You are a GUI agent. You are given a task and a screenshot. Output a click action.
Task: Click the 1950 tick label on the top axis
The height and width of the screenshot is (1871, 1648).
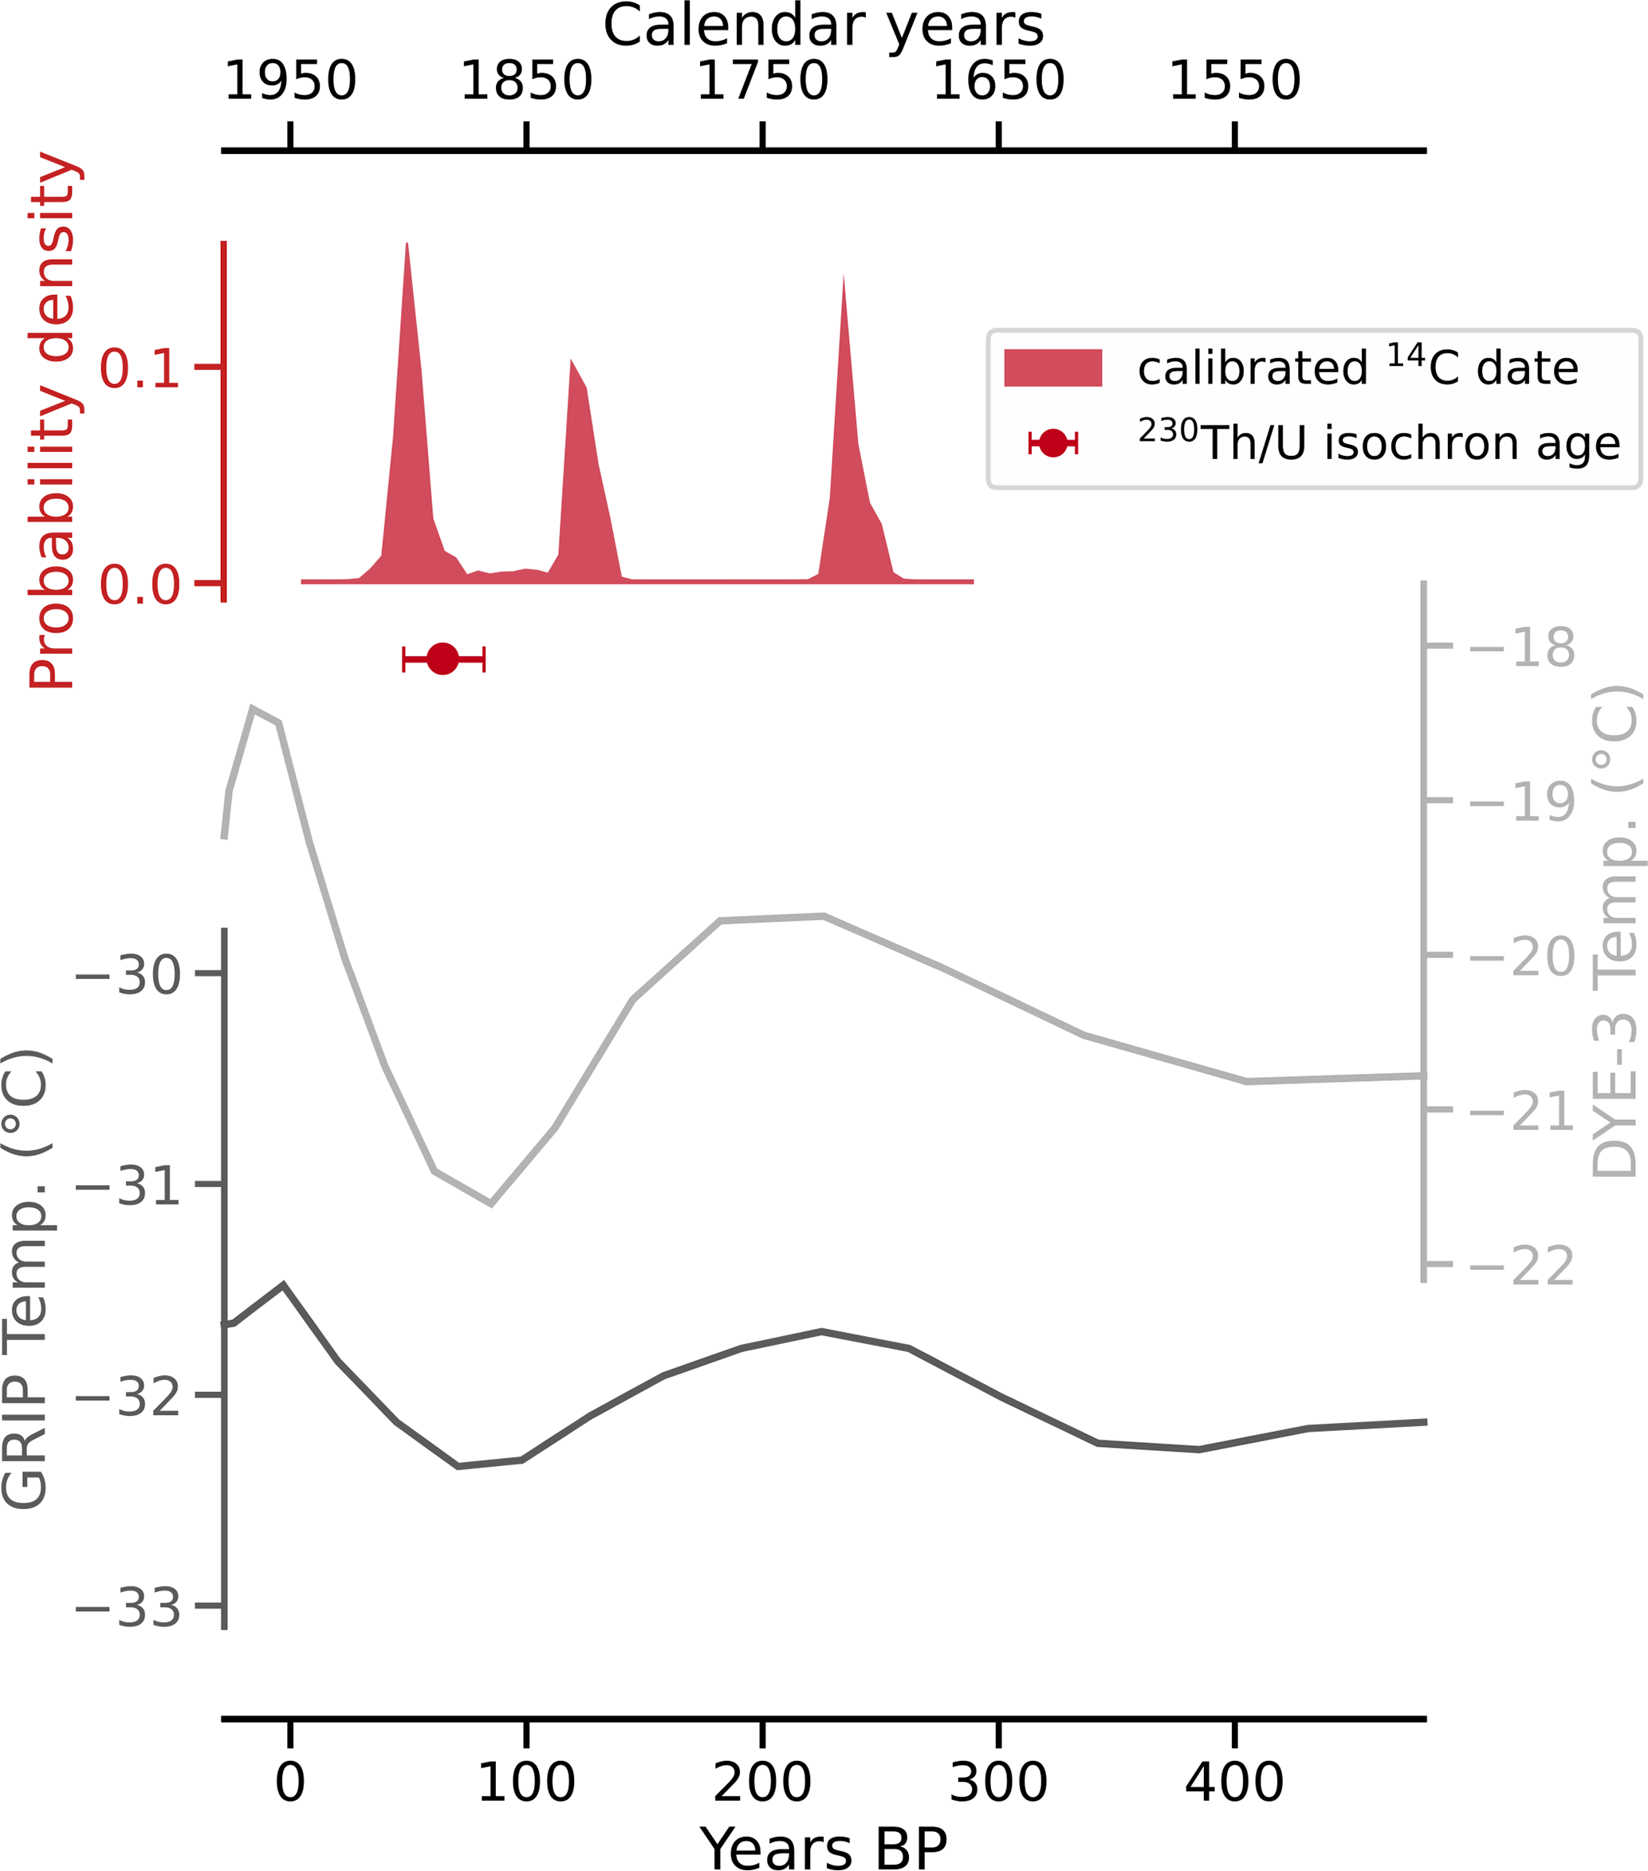pos(289,82)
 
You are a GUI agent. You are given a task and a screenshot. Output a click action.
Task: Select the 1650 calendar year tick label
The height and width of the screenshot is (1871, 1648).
pos(998,82)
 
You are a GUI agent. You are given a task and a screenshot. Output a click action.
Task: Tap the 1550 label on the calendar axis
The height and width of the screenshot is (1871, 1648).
pos(1234,82)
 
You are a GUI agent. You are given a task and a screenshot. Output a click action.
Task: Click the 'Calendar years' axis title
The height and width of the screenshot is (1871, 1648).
pos(823,26)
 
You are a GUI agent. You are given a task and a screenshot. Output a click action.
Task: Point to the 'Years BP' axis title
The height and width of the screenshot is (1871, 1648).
pos(823,1847)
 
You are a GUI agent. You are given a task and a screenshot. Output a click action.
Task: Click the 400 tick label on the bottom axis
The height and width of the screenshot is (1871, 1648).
pos(1234,1783)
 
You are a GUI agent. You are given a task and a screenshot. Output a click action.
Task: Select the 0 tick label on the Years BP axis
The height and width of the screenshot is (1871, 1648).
pos(289,1783)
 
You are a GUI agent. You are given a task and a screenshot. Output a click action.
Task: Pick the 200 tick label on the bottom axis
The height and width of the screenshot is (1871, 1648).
pos(761,1783)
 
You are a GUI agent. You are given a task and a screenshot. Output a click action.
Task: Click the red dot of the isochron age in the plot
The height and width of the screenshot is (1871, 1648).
pos(443,658)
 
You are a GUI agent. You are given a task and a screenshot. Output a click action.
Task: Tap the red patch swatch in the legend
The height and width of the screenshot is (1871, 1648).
pos(1053,368)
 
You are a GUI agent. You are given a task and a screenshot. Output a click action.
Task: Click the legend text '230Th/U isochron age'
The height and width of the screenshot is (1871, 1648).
pos(1379,442)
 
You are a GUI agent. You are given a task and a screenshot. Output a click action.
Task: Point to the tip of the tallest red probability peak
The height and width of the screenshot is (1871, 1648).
pos(407,245)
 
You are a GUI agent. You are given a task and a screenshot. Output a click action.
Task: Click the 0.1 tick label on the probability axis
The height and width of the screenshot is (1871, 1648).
pos(140,369)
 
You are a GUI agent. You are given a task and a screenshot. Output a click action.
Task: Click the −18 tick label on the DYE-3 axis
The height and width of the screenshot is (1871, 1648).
pos(1523,648)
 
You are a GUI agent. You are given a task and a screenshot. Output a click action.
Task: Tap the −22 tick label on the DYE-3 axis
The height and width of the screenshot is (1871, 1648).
pos(1523,1267)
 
